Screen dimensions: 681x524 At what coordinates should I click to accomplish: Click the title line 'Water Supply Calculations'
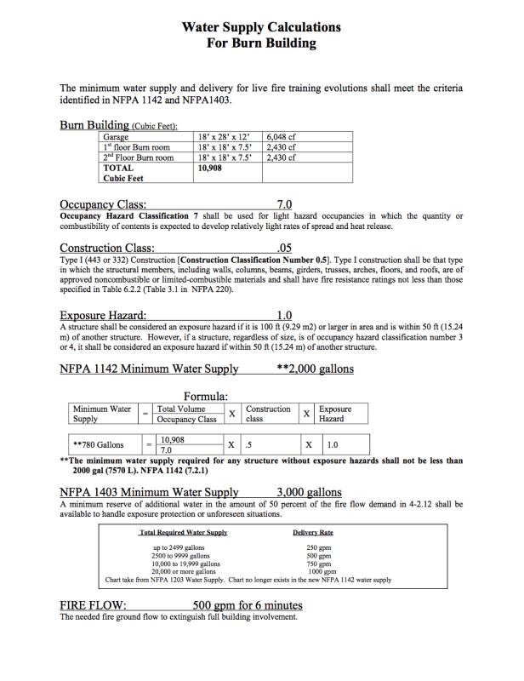coord(261,27)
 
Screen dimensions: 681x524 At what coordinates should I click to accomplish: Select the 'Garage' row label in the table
coord(116,136)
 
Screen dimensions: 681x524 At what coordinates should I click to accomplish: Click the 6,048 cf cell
coord(282,136)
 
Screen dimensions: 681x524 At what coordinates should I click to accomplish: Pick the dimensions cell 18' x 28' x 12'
coord(223,136)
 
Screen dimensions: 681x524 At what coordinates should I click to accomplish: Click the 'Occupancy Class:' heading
coord(103,204)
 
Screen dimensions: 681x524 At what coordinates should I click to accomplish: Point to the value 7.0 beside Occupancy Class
coord(285,204)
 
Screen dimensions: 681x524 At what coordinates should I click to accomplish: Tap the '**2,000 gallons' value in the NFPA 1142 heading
coord(316,369)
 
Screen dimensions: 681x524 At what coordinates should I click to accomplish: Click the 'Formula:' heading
coord(205,396)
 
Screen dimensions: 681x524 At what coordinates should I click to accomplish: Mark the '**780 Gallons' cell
coord(99,444)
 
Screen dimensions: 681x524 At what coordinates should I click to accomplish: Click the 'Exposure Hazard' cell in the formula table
coord(335,415)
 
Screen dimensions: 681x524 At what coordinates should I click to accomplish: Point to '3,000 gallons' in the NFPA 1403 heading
coord(309,492)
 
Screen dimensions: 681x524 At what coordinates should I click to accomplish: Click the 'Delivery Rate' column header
coord(312,533)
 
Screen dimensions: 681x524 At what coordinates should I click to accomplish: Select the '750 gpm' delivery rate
coord(318,564)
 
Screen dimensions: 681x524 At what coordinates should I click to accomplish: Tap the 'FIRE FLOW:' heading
coord(94,606)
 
